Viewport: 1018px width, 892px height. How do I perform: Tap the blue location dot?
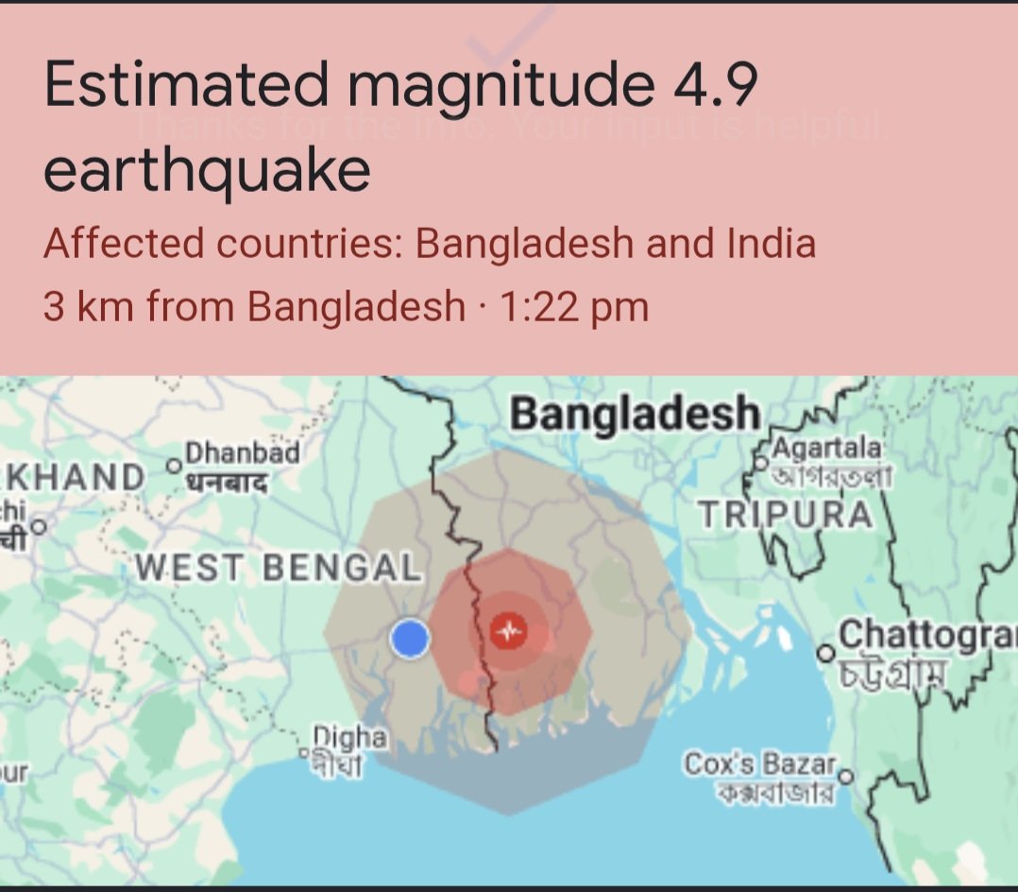point(410,640)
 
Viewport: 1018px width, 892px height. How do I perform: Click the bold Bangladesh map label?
point(635,414)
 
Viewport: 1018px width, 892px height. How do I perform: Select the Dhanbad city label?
point(243,454)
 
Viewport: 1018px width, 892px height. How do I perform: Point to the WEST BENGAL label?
point(278,568)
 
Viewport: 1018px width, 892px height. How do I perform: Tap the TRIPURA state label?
point(786,515)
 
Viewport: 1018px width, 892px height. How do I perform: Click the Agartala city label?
point(828,446)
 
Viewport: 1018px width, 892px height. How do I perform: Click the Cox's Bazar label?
point(761,763)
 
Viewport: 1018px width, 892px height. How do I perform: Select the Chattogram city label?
point(925,634)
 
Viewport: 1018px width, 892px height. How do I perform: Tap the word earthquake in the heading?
point(207,170)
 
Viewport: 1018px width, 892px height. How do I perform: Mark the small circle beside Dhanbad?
point(173,466)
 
